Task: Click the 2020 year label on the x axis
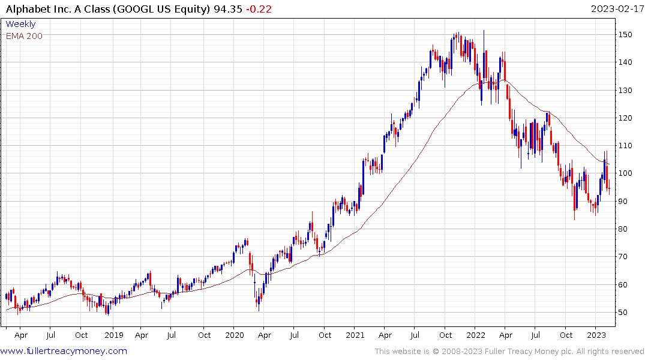click(x=234, y=335)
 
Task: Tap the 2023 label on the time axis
click(x=596, y=335)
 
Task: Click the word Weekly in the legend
click(x=20, y=25)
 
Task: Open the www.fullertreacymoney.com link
click(x=64, y=351)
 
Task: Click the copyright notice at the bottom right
click(x=509, y=351)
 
